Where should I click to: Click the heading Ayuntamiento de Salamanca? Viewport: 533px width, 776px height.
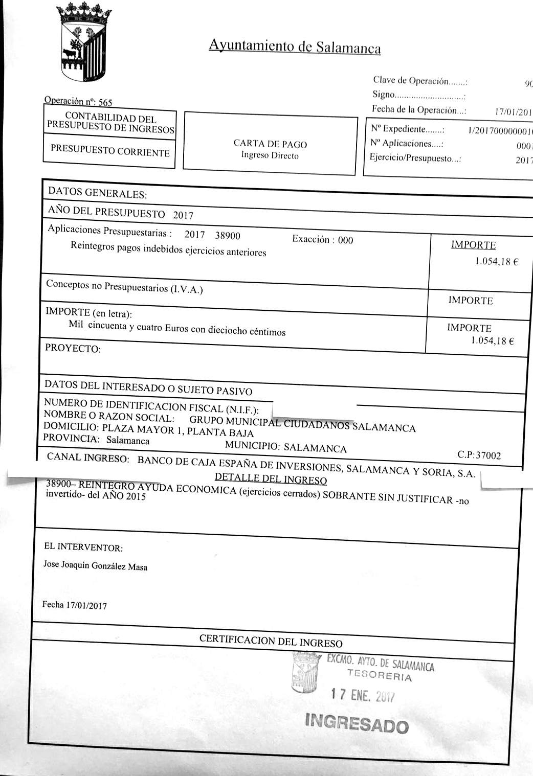tap(295, 47)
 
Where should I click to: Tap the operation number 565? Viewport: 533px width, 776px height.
tap(105, 102)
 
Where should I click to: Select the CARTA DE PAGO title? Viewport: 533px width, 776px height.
tap(270, 145)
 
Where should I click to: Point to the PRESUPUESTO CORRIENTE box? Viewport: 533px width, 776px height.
tap(109, 151)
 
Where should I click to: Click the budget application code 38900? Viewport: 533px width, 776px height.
tap(227, 236)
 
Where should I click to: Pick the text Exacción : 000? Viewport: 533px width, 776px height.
tap(322, 239)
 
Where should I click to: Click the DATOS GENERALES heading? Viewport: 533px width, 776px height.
tap(97, 194)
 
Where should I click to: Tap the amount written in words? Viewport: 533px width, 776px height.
tap(177, 328)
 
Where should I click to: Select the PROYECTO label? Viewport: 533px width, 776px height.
tap(73, 349)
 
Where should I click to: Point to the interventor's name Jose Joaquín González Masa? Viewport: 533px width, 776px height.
tap(96, 566)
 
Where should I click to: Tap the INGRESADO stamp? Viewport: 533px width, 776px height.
tap(357, 724)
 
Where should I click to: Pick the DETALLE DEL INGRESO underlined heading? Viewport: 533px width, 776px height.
tap(271, 480)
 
